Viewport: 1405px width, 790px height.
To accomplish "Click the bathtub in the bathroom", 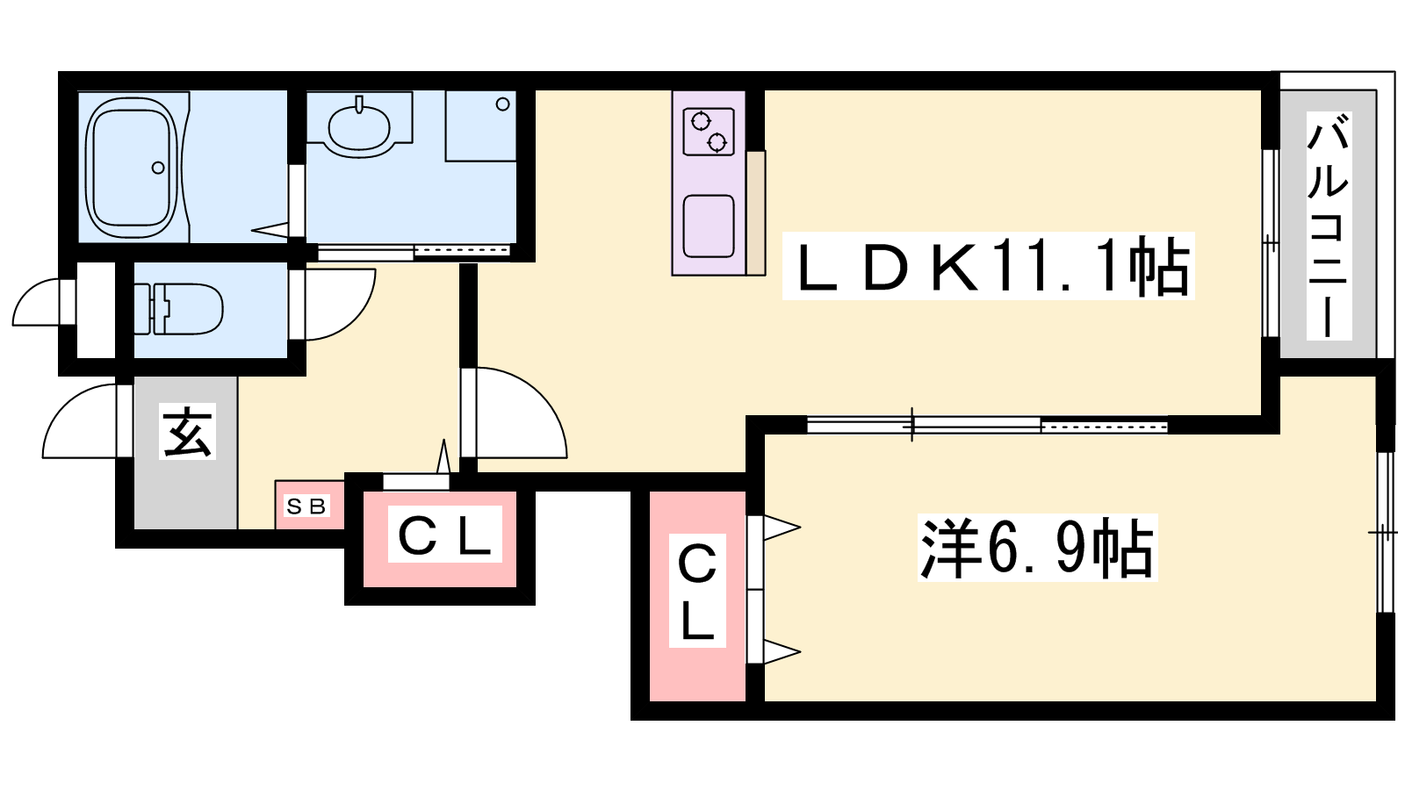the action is (133, 168).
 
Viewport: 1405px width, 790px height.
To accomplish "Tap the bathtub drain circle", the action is (158, 168).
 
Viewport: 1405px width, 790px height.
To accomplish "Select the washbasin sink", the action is (359, 127).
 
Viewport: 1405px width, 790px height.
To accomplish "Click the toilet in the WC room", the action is (179, 308).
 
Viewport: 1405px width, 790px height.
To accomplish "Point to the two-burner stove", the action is (709, 132).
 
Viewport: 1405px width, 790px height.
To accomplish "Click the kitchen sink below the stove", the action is (709, 226).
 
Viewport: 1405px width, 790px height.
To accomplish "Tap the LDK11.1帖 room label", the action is (989, 266).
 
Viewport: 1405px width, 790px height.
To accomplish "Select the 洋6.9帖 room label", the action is (1037, 548).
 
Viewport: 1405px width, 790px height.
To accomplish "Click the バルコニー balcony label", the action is (1329, 226).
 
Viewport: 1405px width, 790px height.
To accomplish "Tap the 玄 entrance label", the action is (187, 431).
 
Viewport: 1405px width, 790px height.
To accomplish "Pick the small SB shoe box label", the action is (306, 506).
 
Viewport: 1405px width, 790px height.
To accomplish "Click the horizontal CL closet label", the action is (444, 534).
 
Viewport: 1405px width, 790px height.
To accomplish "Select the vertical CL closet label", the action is (697, 591).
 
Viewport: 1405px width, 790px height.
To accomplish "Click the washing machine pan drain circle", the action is (502, 104).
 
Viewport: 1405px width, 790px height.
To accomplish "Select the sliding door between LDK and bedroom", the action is (987, 426).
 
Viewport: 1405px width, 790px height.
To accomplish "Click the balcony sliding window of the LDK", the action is (1270, 243).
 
